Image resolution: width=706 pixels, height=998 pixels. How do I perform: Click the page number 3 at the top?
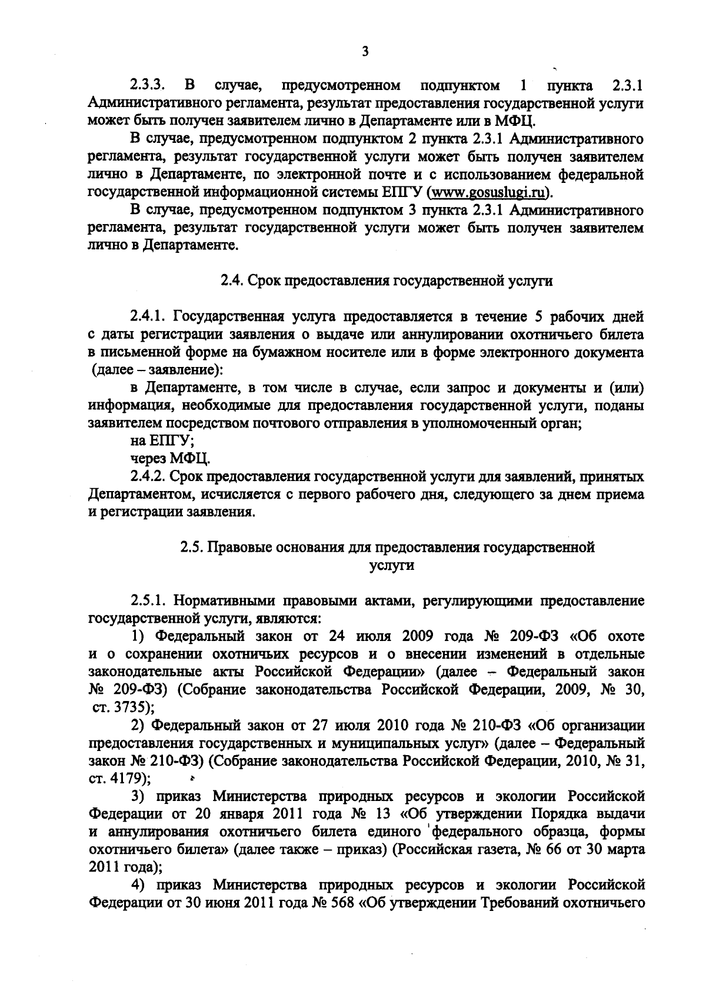pyautogui.click(x=365, y=52)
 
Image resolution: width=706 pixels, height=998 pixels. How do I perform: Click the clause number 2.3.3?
pyautogui.click(x=146, y=86)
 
